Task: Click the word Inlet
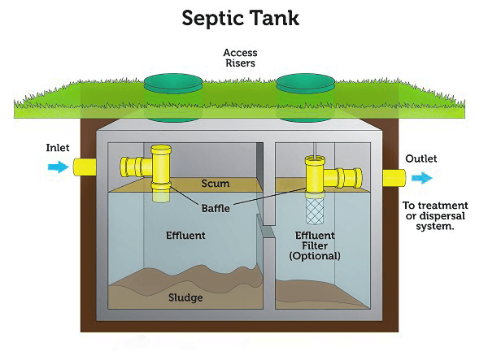coord(58,148)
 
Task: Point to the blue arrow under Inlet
coord(58,167)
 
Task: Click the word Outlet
coord(421,158)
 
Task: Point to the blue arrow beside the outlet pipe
coord(421,178)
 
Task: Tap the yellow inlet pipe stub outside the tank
coord(85,167)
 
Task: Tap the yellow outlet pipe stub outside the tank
coord(394,178)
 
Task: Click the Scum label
coord(215,184)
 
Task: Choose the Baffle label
coord(216,208)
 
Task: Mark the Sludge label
coord(186,297)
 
